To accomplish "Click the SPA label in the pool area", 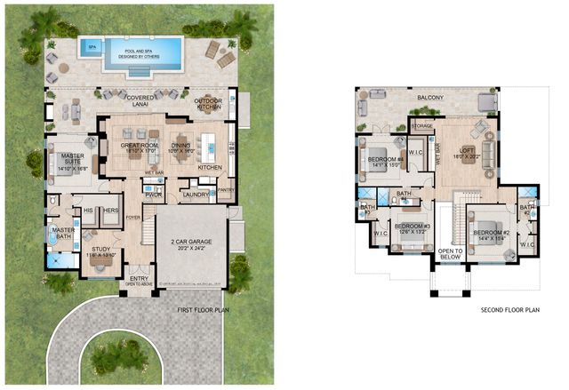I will [92, 46].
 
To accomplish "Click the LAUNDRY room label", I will [195, 195].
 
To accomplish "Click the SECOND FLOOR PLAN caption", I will [509, 310].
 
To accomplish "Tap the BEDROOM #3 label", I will [413, 227].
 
